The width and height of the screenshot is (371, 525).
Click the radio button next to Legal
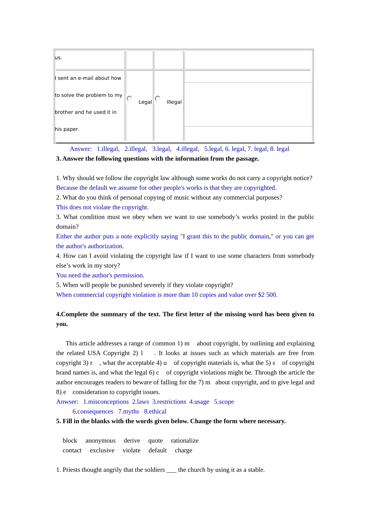[x=129, y=98]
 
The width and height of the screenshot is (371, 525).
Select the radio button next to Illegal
[x=157, y=98]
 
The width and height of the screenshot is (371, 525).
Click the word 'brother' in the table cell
[x=64, y=112]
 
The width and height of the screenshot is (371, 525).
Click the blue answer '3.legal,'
[x=162, y=149]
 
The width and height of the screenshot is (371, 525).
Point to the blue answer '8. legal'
[x=280, y=149]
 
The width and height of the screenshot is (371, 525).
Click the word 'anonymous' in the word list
[x=100, y=441]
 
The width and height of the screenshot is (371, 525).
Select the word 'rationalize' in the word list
[x=184, y=441]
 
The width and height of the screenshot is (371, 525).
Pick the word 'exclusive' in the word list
[x=102, y=450]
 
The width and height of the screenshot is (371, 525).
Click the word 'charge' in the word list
[x=184, y=450]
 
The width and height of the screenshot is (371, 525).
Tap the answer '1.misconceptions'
[x=106, y=402]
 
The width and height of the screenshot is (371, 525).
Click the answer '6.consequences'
[x=93, y=412]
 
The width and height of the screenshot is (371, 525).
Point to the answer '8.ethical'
[x=155, y=412]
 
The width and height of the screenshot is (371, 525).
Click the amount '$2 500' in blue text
[x=267, y=295]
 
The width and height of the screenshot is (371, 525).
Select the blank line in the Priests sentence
[x=171, y=470]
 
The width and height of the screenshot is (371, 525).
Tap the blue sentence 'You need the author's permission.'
[x=100, y=275]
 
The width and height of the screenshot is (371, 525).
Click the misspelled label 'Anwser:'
[x=67, y=402]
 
